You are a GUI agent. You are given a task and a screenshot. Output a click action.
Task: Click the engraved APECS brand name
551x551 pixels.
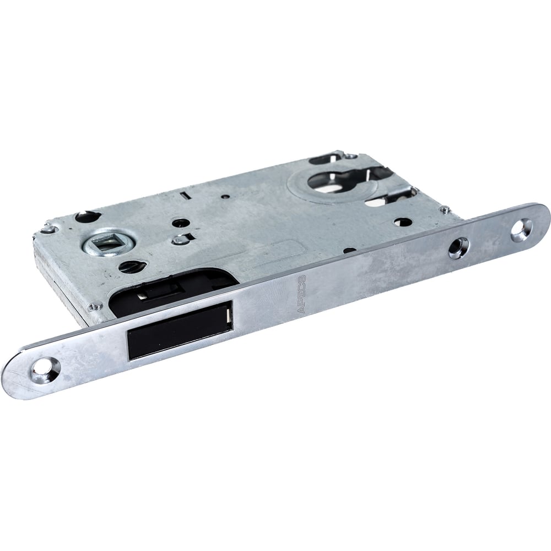coord(301,294)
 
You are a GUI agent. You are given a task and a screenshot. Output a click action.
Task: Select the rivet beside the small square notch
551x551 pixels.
coord(179,240)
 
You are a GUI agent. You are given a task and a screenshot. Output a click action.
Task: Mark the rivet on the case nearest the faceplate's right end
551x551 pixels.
coord(444,210)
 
